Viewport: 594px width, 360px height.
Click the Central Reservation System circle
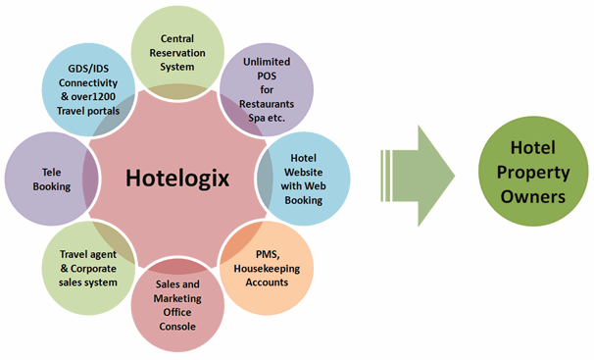click(176, 50)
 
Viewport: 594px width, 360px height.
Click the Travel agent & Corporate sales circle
click(89, 267)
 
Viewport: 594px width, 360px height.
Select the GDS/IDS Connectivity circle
click(87, 91)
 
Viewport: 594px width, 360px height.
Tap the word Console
click(176, 326)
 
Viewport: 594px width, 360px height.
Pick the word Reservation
click(176, 51)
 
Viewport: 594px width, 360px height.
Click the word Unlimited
click(267, 63)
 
